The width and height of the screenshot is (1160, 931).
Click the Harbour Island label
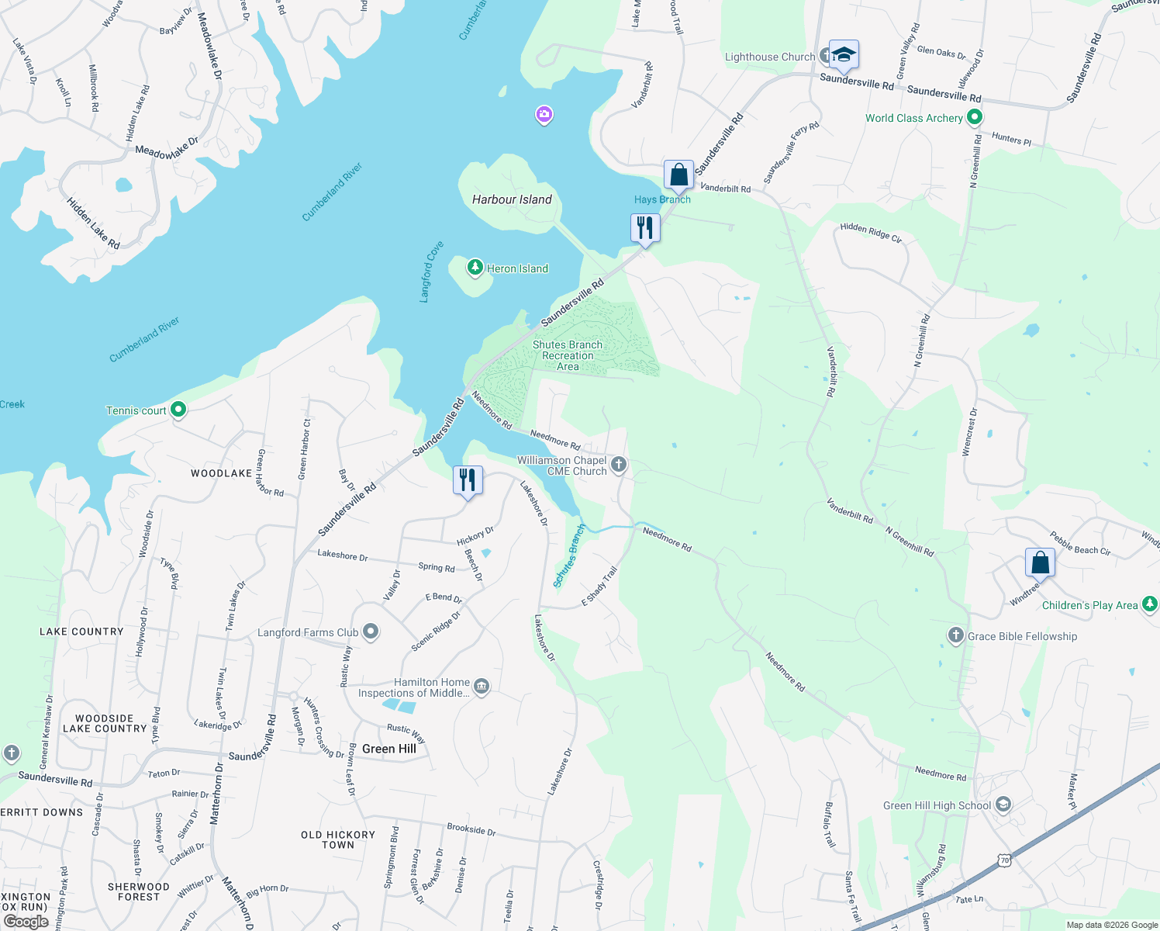click(x=512, y=199)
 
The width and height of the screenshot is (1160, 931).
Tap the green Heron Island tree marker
click(x=475, y=268)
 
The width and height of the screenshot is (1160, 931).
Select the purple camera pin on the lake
click(x=544, y=115)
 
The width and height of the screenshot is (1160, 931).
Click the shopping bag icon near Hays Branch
click(x=678, y=175)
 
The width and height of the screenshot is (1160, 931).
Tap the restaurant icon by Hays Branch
click(x=644, y=228)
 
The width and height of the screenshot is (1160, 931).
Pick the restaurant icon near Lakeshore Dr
click(x=468, y=480)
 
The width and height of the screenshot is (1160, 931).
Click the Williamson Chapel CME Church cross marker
click(x=618, y=465)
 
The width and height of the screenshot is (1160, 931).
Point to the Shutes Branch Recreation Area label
click(x=567, y=355)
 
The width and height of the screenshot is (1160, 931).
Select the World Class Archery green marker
click(x=975, y=118)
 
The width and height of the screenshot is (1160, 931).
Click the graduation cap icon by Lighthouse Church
click(x=844, y=55)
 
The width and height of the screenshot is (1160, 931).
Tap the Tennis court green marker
click(x=178, y=410)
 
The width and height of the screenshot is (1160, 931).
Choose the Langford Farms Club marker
click(x=371, y=632)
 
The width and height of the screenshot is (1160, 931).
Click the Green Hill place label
click(x=389, y=749)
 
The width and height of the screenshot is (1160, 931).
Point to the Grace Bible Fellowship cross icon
click(x=955, y=635)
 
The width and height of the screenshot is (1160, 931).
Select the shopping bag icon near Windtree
click(x=1040, y=562)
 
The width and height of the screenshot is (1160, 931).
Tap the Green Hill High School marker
click(x=1003, y=805)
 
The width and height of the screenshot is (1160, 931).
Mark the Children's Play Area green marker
click(x=1150, y=604)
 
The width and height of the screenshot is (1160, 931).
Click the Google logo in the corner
click(x=26, y=921)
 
